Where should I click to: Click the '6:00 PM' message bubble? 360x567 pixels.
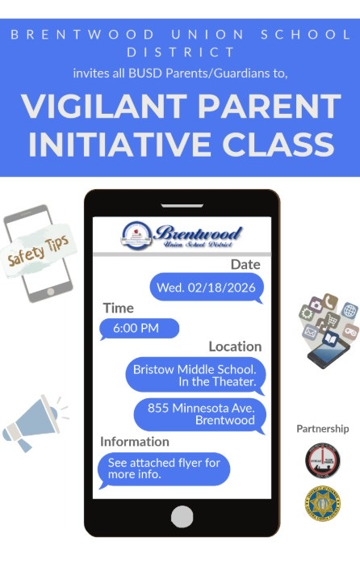point(138,328)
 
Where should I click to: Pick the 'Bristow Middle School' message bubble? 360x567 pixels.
point(194,375)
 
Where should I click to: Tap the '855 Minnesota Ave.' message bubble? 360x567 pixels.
point(199,414)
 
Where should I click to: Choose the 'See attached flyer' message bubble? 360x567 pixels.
point(163,469)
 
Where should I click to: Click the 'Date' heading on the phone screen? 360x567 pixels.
point(245,264)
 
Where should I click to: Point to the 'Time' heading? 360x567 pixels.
point(118,308)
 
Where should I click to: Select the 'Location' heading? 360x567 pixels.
point(234,346)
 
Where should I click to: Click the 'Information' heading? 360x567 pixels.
point(134,442)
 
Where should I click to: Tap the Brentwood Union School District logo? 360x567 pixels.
point(182,235)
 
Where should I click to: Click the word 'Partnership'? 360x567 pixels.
point(322,429)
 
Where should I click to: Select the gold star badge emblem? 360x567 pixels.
point(322,503)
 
